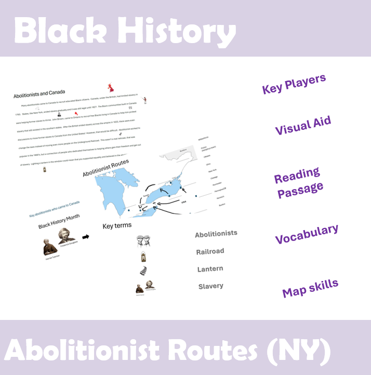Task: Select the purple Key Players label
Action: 294,84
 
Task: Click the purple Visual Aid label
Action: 303,126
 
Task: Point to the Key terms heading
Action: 117,226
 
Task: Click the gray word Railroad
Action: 210,251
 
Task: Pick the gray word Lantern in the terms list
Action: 210,269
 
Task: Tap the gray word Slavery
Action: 210,286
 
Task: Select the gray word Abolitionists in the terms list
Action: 216,234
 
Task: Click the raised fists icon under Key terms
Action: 143,241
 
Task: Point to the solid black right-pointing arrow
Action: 86,236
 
